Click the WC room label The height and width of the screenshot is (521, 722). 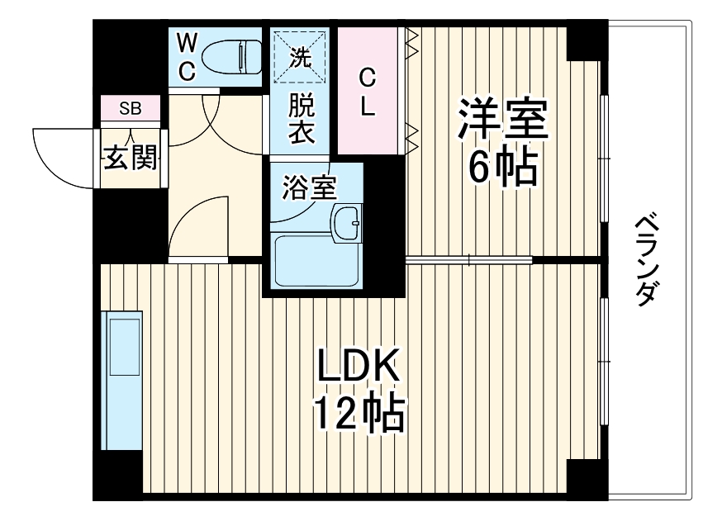(x=188, y=56)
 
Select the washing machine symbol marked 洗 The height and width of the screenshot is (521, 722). (x=301, y=56)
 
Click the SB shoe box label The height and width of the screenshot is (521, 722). (x=130, y=108)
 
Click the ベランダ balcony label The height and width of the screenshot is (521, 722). (x=650, y=260)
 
